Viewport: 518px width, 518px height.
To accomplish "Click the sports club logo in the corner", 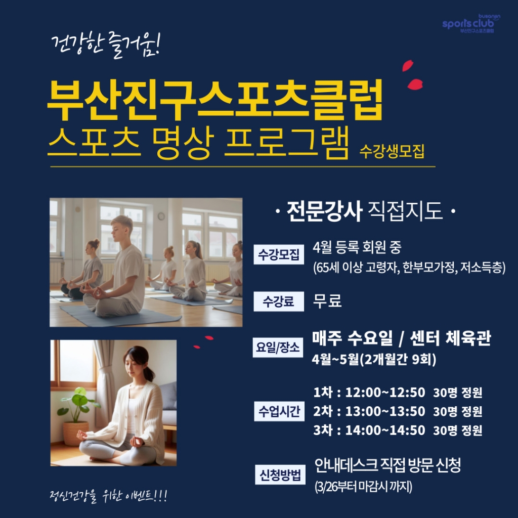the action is pyautogui.click(x=471, y=23).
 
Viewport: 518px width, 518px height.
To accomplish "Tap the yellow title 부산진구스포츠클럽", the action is pyautogui.click(x=215, y=100).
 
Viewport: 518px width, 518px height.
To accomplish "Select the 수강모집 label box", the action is pyautogui.click(x=279, y=254).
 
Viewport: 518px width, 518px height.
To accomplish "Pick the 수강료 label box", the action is pyautogui.click(x=279, y=301).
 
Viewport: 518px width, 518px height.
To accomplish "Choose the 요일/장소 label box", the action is pyautogui.click(x=278, y=347).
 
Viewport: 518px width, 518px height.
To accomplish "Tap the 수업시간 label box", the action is pyautogui.click(x=279, y=411).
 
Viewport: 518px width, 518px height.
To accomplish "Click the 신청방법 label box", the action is pyautogui.click(x=280, y=474).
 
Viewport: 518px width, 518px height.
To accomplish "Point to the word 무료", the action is pyautogui.click(x=327, y=301).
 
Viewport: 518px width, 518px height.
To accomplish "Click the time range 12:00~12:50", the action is pyautogui.click(x=385, y=393).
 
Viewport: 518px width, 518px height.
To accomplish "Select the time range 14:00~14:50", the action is pyautogui.click(x=385, y=430).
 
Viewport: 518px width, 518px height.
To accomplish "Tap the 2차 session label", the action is pyautogui.click(x=323, y=411).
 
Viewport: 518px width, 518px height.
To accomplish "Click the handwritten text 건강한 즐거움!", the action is pyautogui.click(x=106, y=45).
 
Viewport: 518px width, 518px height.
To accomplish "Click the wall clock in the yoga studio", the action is pyautogui.click(x=161, y=217).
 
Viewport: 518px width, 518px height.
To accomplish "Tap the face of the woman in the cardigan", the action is pyautogui.click(x=134, y=365).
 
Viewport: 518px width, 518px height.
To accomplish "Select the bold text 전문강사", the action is pyautogui.click(x=324, y=211).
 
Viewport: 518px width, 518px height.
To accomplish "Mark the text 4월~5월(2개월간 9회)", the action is pyautogui.click(x=374, y=359).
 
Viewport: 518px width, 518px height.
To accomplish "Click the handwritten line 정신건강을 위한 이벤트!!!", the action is pyautogui.click(x=108, y=496).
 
